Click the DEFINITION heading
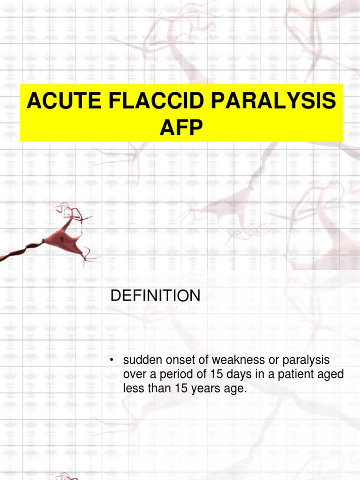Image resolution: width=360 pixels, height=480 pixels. tap(155, 296)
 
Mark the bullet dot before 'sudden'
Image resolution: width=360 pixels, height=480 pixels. tap(112, 360)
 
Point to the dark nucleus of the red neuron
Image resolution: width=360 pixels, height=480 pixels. tap(62, 240)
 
